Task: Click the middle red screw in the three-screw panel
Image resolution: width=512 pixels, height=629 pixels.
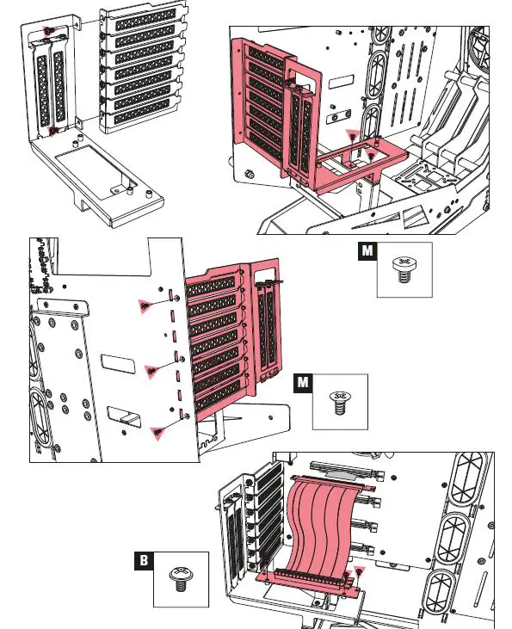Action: pyautogui.click(x=152, y=370)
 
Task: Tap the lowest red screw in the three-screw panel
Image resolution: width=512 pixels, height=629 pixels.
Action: pyautogui.click(x=157, y=432)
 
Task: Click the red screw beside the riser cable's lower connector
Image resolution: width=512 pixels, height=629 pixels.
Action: pyautogui.click(x=360, y=570)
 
